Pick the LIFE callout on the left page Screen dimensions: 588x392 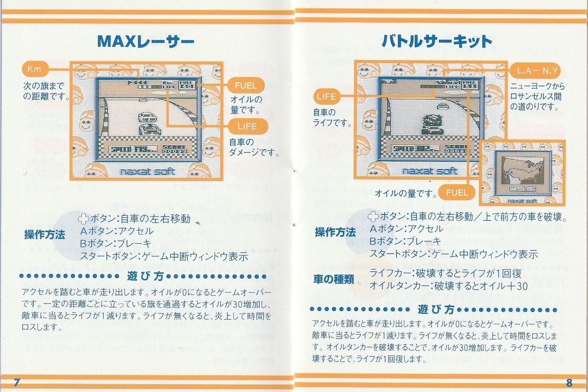[247, 127]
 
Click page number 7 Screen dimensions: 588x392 [18, 383]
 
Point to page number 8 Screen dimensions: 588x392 [569, 383]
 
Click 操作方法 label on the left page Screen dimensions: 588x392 [45, 235]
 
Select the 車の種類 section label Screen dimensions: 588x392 [335, 279]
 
